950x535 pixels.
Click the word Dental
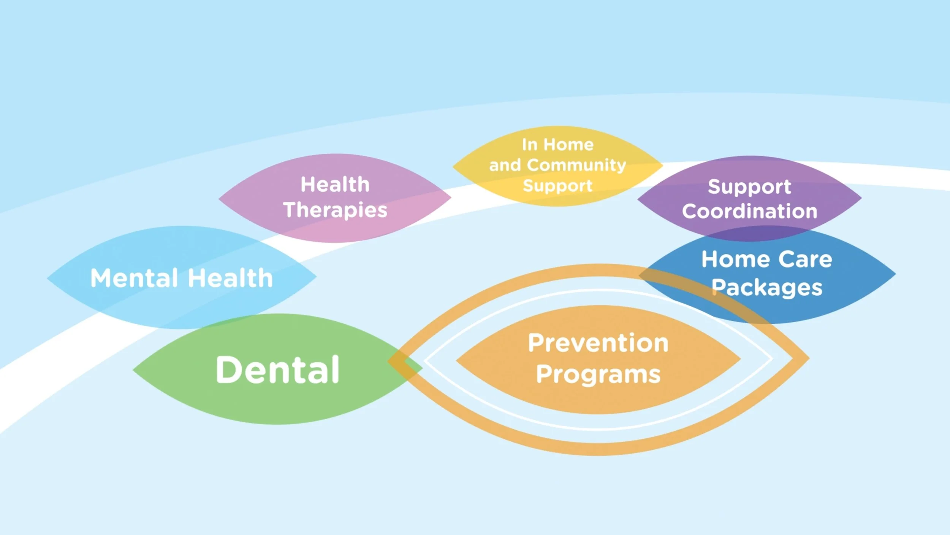pyautogui.click(x=277, y=370)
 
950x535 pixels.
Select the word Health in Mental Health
pyautogui.click(x=231, y=278)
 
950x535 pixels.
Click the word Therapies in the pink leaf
pyautogui.click(x=335, y=210)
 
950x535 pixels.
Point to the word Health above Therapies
pyautogui.click(x=335, y=185)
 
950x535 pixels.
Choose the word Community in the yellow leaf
pyautogui.click(x=576, y=165)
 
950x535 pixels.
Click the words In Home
pyautogui.click(x=557, y=145)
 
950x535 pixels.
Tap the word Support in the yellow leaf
pyautogui.click(x=557, y=186)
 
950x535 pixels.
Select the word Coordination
pyautogui.click(x=749, y=211)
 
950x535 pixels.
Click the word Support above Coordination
pyautogui.click(x=749, y=187)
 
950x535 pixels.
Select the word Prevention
pyautogui.click(x=598, y=343)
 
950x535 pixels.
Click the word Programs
pyautogui.click(x=598, y=374)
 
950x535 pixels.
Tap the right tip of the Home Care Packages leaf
pyautogui.click(x=895, y=274)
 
